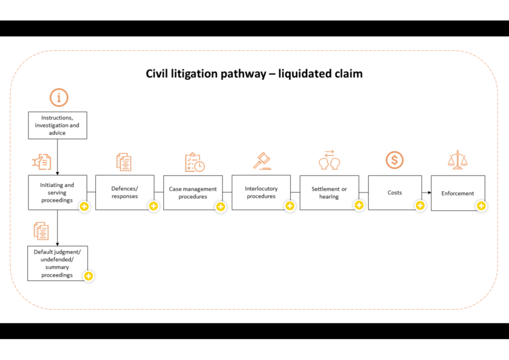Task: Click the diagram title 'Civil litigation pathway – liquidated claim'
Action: pyautogui.click(x=254, y=74)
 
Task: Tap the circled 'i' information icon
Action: pyautogui.click(x=59, y=97)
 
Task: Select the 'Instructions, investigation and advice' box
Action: pyautogui.click(x=57, y=125)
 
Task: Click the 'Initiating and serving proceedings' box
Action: pyautogui.click(x=57, y=192)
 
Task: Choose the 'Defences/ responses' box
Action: pyautogui.click(x=125, y=192)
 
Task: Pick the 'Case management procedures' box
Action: pyautogui.click(x=193, y=192)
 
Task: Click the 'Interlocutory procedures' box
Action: pyautogui.click(x=261, y=192)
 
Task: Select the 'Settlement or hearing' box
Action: pyautogui.click(x=329, y=192)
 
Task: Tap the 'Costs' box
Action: pyautogui.click(x=394, y=192)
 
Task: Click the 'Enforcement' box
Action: pyautogui.click(x=458, y=193)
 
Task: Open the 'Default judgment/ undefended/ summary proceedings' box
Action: pyautogui.click(x=57, y=263)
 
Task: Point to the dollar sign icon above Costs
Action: pyautogui.click(x=394, y=160)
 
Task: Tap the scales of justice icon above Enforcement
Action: pyautogui.click(x=457, y=160)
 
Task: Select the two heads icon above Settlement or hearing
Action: pyautogui.click(x=330, y=160)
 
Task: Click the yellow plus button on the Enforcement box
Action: pyautogui.click(x=481, y=206)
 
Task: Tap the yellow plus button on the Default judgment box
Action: pyautogui.click(x=88, y=276)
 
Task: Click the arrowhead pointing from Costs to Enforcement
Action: pyautogui.click(x=429, y=193)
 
